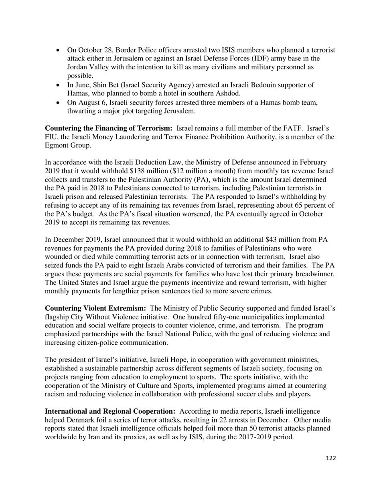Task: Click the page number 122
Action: (x=331, y=458)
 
